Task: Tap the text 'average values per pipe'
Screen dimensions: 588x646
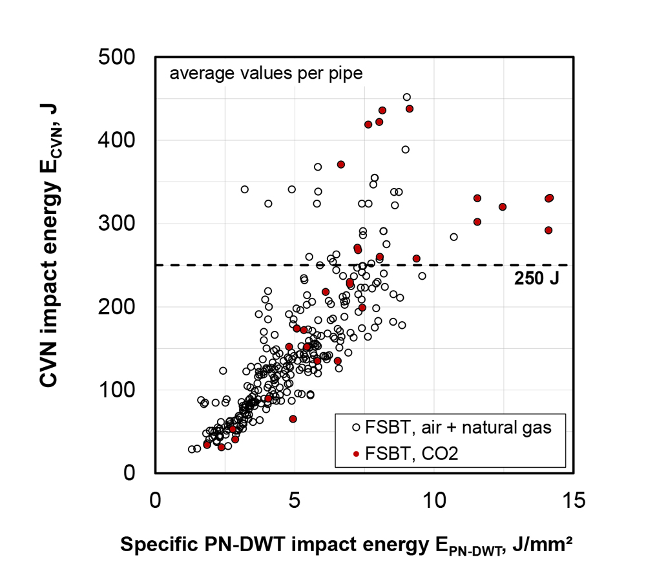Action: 266,73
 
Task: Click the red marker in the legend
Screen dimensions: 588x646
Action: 356,454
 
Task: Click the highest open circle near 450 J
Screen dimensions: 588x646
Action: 407,97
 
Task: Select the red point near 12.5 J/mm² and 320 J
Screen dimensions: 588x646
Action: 503,207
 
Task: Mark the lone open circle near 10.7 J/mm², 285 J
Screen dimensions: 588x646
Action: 453,237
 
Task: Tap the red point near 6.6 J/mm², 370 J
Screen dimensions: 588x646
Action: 341,164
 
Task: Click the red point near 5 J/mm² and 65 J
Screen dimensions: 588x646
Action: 293,419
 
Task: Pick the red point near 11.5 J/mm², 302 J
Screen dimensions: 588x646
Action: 477,222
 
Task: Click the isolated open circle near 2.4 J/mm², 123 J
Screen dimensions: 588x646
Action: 223,371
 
